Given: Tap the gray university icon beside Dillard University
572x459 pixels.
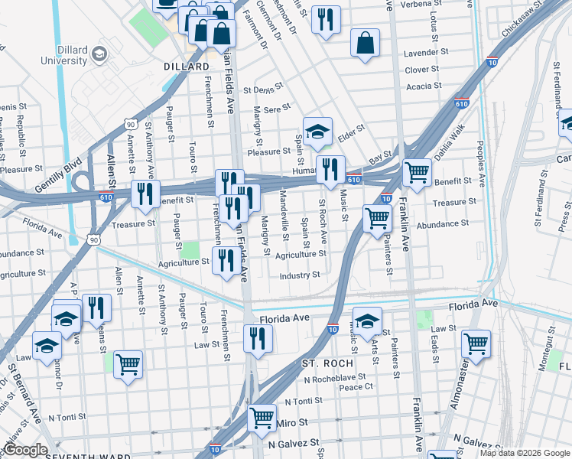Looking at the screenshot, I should coord(99,54).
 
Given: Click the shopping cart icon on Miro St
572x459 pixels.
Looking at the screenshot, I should coord(262,418).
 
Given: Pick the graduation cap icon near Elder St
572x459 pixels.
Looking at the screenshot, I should coord(317,131).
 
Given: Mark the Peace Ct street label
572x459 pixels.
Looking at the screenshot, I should coord(356,387).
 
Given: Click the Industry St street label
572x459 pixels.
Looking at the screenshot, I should coord(300,275).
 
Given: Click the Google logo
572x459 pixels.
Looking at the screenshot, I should coord(25,450).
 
